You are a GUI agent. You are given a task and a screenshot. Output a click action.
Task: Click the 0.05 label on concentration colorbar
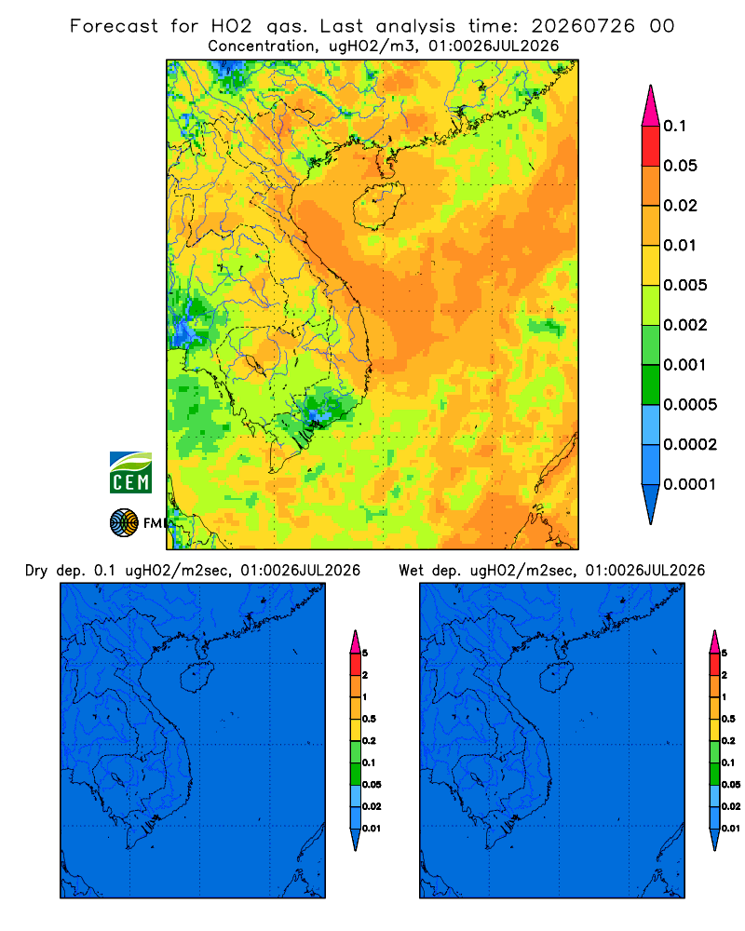coord(680,166)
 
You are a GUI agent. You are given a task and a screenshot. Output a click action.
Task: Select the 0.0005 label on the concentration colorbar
coord(690,404)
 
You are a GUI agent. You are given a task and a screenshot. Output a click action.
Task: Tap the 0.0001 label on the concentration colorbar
coord(690,484)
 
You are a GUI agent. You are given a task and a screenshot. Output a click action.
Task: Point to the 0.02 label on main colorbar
coord(680,206)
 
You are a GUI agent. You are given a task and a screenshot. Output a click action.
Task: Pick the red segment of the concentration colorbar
coord(651,145)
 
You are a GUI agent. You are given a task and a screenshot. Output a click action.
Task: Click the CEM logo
coord(130,473)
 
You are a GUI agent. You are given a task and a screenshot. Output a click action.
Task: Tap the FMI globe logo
coord(124,522)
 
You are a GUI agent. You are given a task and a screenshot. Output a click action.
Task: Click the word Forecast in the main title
coord(114,26)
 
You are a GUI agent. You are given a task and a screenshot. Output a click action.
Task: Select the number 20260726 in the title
coord(583,26)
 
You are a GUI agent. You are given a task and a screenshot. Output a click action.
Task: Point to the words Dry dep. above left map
coord(55,571)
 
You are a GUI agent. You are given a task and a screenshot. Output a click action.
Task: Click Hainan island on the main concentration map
coord(379,206)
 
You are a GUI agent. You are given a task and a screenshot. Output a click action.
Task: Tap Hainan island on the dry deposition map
coord(196,677)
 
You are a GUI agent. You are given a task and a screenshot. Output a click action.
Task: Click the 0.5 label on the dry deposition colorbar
coord(369,719)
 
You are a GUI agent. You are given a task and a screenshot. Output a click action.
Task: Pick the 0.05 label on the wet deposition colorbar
coord(731,784)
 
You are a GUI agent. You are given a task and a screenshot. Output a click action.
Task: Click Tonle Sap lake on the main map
coord(254,365)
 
